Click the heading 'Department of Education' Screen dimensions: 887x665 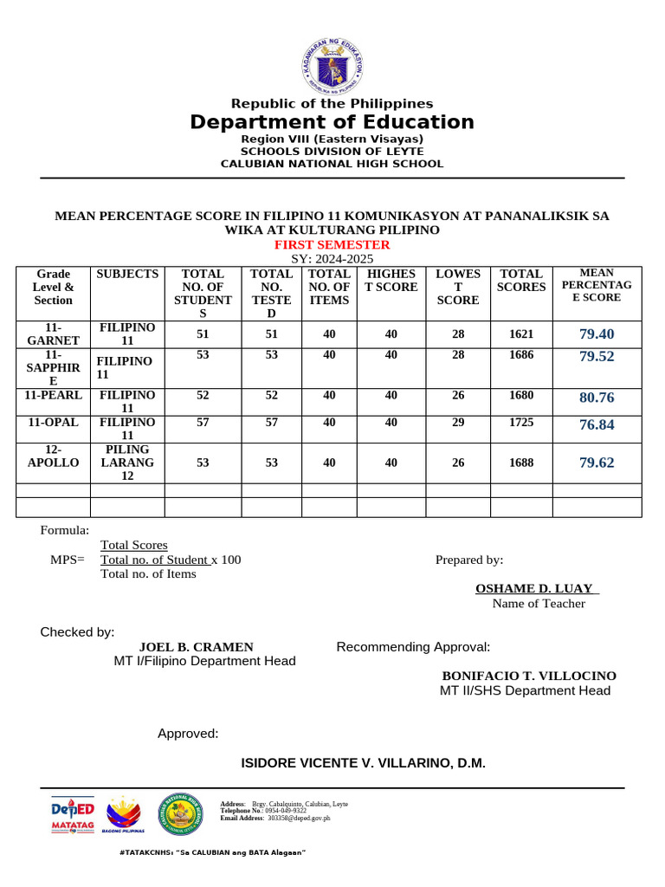click(332, 122)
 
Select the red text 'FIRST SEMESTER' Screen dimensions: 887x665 click(333, 245)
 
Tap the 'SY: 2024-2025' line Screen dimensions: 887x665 click(332, 259)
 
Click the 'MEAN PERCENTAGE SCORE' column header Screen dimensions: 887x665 click(597, 286)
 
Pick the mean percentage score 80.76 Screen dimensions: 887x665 click(597, 398)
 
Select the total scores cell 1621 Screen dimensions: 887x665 click(521, 333)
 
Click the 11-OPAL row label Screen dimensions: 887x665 click(54, 423)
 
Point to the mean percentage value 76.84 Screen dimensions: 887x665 click(597, 424)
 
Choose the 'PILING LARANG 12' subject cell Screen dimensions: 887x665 click(127, 463)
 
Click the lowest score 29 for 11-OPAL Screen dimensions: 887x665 click(457, 423)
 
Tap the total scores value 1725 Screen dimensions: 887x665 click(521, 423)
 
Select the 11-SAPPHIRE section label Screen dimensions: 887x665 click(54, 368)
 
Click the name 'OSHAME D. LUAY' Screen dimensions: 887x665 click(537, 589)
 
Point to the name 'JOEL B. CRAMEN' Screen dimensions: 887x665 click(197, 647)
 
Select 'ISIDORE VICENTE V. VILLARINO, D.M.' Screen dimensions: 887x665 click(363, 763)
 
